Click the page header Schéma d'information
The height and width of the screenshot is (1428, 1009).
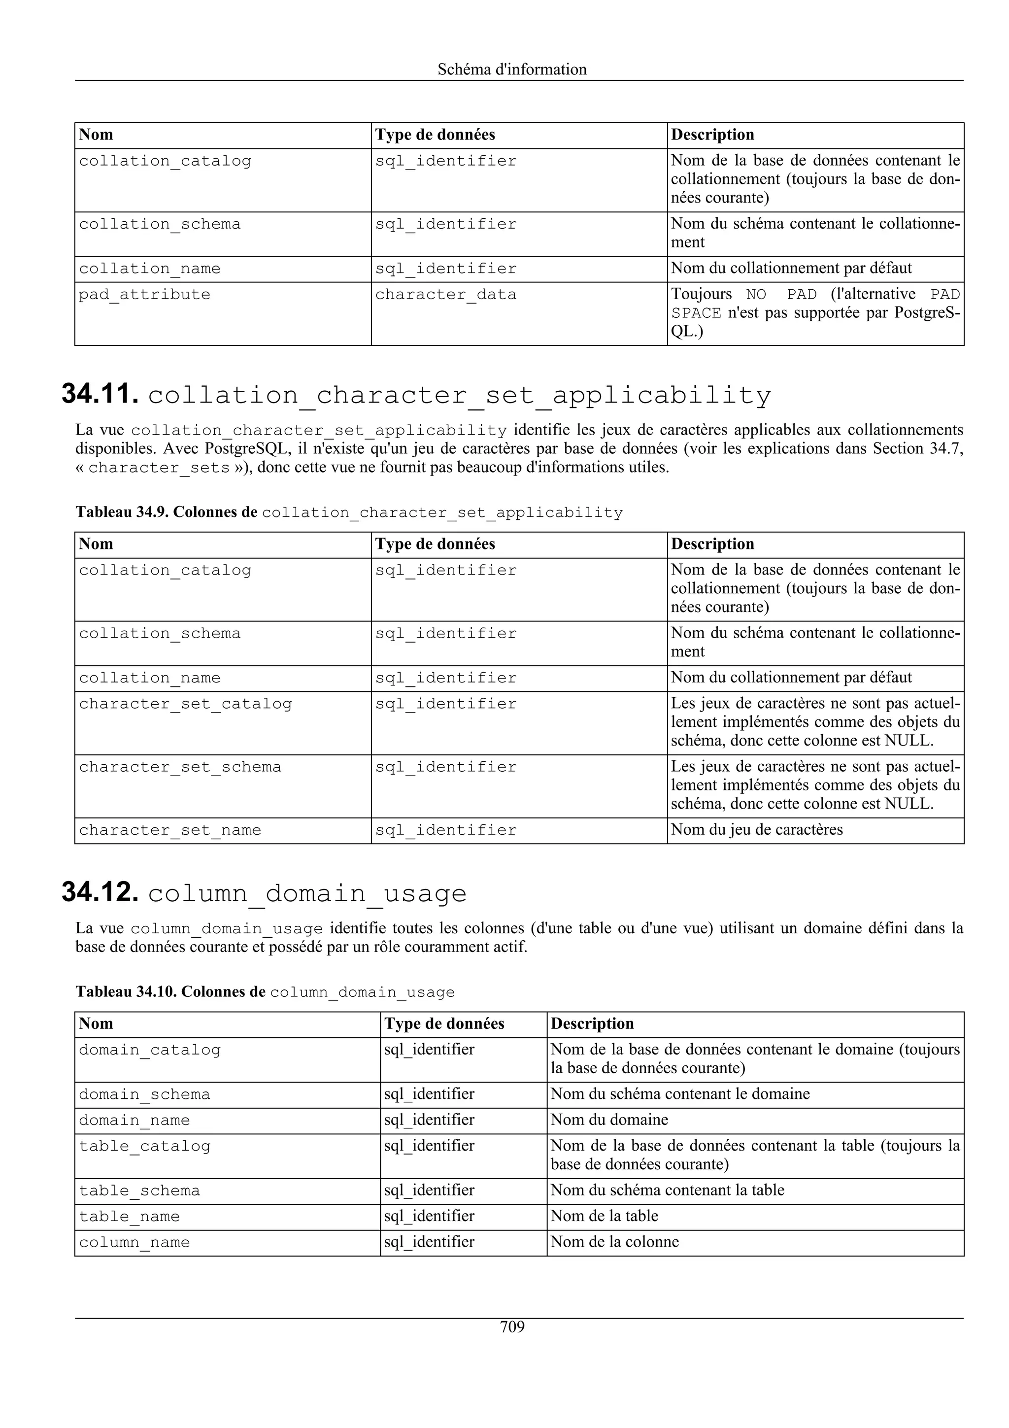512,69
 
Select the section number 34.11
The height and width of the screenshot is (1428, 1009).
100,394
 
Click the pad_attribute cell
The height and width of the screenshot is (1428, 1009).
144,294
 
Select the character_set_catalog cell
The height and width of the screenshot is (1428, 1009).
185,704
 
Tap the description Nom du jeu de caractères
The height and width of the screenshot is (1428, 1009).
757,830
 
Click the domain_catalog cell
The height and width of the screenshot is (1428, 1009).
150,1050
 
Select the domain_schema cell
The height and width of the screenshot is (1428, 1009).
144,1094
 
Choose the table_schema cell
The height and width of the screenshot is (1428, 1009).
139,1190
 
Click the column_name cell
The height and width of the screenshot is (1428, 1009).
135,1242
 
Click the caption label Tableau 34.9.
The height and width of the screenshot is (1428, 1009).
122,512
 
